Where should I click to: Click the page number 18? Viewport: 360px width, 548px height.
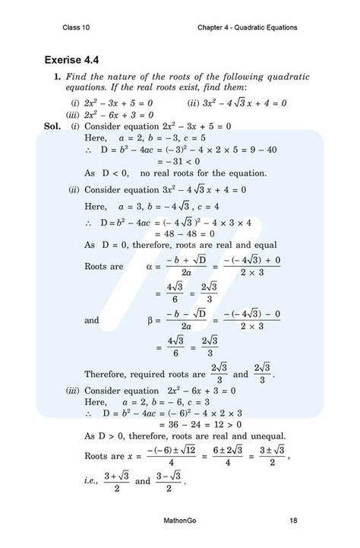293,521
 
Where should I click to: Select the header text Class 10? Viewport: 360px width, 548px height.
78,28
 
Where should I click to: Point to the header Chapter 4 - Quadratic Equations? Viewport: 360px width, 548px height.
246,28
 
